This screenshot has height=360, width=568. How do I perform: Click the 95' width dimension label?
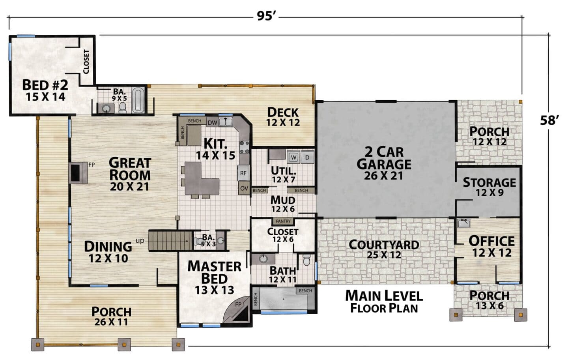click(266, 16)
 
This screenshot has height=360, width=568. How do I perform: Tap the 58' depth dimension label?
click(549, 120)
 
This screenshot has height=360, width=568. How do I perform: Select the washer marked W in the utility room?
click(293, 157)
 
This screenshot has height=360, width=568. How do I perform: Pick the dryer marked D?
click(307, 157)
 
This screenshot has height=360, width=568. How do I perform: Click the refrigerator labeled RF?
click(243, 173)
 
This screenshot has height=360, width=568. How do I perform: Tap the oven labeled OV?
click(244, 188)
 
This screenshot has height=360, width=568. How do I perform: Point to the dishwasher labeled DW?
click(213, 123)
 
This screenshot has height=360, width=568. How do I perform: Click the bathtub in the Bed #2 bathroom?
click(138, 101)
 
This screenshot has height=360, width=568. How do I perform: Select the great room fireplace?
click(78, 173)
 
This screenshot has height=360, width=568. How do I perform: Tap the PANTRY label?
click(283, 221)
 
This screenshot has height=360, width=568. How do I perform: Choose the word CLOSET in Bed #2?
click(86, 62)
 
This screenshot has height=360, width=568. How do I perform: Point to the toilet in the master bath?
click(306, 260)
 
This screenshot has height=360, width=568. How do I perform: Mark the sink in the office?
click(464, 223)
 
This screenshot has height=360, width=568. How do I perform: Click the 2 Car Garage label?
click(384, 164)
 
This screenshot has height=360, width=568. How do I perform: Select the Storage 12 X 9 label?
click(490, 187)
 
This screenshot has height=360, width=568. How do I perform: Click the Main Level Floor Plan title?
click(384, 302)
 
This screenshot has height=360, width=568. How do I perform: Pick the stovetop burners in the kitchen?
click(245, 147)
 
